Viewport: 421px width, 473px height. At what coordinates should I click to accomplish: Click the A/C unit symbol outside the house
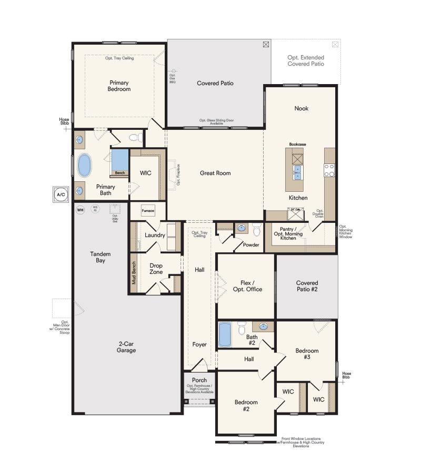[x=61, y=194]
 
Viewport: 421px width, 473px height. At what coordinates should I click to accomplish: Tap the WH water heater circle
[x=81, y=210]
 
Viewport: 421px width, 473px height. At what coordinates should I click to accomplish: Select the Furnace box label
[x=148, y=211]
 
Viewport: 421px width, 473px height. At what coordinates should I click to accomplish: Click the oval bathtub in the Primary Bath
[x=84, y=166]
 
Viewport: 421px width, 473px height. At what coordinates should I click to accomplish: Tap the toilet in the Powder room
[x=257, y=230]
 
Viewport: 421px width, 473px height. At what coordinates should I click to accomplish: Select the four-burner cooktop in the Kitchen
[x=329, y=170]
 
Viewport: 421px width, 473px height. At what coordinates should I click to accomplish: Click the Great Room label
[x=215, y=173]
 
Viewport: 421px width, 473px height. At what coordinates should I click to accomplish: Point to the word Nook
[x=302, y=108]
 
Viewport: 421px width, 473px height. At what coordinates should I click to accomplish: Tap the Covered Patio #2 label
[x=307, y=286]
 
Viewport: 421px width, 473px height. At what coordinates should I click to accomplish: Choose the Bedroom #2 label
[x=245, y=406]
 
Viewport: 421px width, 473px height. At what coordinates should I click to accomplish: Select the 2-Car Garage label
[x=126, y=347]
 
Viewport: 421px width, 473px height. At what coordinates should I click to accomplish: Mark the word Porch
[x=199, y=380]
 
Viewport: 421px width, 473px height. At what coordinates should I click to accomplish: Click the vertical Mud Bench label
[x=134, y=273]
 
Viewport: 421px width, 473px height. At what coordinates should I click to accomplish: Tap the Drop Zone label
[x=156, y=269]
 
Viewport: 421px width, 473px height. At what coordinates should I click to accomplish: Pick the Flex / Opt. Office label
[x=247, y=286]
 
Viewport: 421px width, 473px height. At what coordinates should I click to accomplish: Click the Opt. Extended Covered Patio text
[x=306, y=60]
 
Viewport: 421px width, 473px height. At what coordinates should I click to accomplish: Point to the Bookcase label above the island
[x=298, y=144]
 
